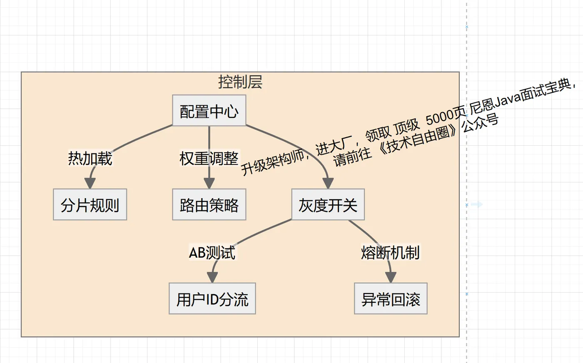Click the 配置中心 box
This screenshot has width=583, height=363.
coord(209,111)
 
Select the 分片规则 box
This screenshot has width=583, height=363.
coord(90,205)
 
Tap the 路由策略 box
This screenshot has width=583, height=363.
coord(209,205)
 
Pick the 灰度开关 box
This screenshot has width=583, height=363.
coord(328,205)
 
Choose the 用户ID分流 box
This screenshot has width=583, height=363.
coord(212,299)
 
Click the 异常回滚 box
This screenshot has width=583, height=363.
coord(391,299)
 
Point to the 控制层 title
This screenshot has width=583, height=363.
coord(240,82)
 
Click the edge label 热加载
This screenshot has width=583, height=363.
coord(90,159)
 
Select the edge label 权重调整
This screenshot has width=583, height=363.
coord(209,159)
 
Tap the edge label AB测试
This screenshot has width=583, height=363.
coord(212,253)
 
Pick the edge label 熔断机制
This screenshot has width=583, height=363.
coord(390,253)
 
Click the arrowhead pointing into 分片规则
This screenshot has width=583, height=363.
coord(90,183)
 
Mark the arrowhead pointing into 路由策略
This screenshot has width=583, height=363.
coord(209,183)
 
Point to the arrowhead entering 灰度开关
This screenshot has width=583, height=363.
coord(328,183)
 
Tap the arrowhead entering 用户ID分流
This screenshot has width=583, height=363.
coord(212,277)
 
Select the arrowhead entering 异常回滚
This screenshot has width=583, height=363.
coord(391,277)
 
